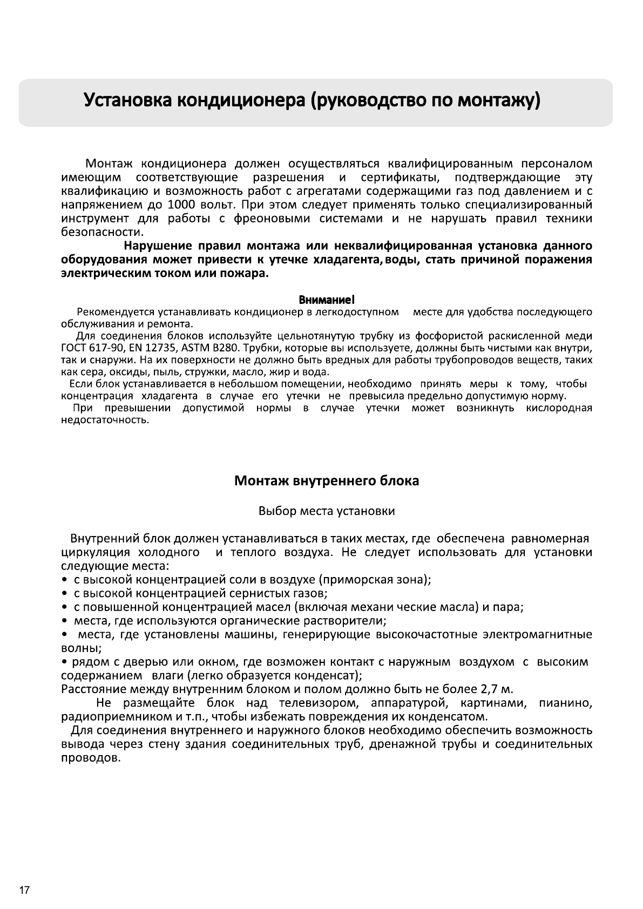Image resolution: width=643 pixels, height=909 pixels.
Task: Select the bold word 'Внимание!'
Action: pos(327,300)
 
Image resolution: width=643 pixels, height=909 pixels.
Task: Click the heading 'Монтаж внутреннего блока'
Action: pos(326,480)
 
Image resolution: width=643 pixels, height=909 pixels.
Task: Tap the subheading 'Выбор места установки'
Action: pos(327,511)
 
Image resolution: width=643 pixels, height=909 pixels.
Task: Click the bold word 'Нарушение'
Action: pos(158,246)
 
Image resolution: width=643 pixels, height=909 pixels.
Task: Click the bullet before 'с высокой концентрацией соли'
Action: pos(64,580)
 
